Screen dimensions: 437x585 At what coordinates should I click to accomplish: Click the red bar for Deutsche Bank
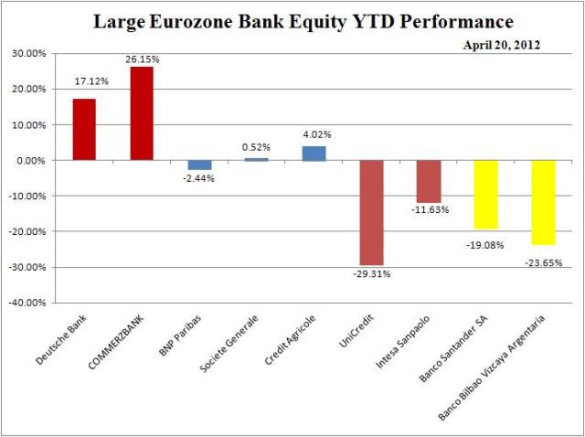pos(84,129)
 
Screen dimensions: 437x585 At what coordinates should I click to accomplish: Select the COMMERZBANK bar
pos(142,113)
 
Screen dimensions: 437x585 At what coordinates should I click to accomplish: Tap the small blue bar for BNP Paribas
pos(199,165)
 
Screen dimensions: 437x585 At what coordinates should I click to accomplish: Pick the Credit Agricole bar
pos(314,153)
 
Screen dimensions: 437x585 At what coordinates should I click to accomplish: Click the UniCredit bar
pos(371,212)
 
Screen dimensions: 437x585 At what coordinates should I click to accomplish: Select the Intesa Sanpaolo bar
pos(429,181)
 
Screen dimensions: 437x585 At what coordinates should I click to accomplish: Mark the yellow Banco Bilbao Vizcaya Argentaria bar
pos(543,202)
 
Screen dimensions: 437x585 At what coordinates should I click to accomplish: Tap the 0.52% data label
pos(256,146)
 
